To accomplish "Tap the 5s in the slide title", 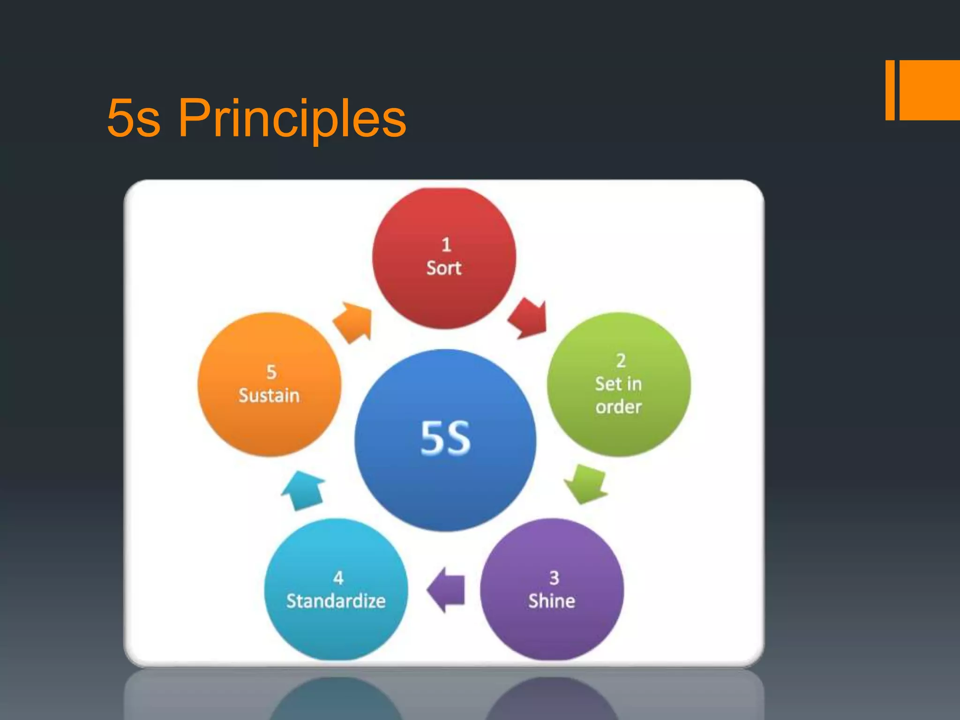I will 134,118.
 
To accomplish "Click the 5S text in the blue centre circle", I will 445,438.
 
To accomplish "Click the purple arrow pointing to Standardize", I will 447,590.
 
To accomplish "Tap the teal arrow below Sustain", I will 304,490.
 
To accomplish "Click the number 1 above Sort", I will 446,245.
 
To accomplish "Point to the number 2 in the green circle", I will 621,360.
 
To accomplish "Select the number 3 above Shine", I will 554,578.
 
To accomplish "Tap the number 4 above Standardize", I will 338,578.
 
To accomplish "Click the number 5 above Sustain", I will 271,372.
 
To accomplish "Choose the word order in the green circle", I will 618,407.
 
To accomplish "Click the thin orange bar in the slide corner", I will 890,90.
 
